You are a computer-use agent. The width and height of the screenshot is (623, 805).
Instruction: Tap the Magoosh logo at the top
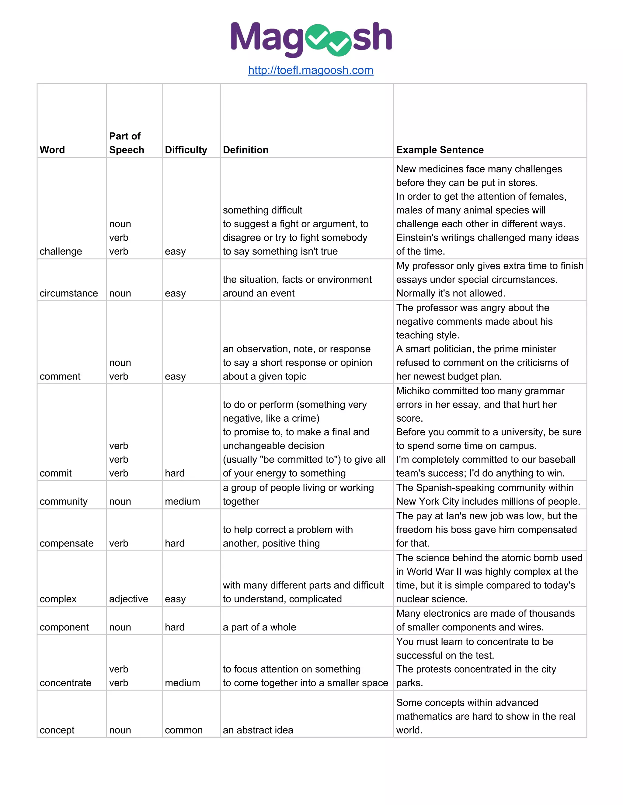[x=311, y=38]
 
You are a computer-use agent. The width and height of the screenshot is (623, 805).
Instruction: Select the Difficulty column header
[x=186, y=150]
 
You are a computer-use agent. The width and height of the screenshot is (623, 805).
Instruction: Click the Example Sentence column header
[x=440, y=150]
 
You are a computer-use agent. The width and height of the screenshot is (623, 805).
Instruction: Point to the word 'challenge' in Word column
[x=61, y=252]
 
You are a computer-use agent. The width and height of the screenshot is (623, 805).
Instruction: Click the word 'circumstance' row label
[x=69, y=293]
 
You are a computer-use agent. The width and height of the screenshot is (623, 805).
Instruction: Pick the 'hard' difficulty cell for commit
[x=175, y=473]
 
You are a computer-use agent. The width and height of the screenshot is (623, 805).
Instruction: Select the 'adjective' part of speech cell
[x=128, y=599]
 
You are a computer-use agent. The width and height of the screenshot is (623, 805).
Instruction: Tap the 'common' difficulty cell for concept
[x=183, y=730]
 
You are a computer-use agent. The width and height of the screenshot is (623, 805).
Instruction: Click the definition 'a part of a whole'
[x=259, y=627]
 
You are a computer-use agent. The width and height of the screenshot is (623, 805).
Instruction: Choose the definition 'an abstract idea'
[x=258, y=730]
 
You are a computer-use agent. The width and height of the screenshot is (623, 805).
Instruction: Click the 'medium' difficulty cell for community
[x=182, y=502]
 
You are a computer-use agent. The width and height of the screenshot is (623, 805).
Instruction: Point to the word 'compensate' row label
[x=66, y=543]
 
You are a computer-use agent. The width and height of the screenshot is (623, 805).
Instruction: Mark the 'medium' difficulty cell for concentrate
[x=182, y=683]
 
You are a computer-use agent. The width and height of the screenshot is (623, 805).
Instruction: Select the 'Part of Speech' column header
[x=126, y=143]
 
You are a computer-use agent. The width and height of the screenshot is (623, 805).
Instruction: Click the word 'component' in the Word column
[x=64, y=627]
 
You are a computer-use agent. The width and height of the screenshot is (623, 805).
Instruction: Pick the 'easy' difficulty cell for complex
[x=175, y=599]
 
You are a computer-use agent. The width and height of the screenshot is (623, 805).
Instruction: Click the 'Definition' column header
[x=245, y=150]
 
